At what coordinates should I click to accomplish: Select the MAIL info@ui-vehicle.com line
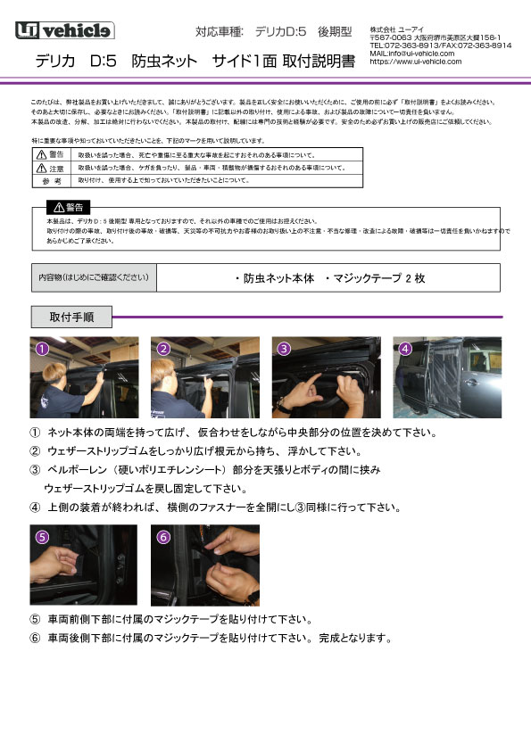coord(411,54)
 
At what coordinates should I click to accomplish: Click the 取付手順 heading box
coord(72,317)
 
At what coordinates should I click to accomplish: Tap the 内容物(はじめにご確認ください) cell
coord(94,278)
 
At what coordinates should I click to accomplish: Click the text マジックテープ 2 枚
coord(375,278)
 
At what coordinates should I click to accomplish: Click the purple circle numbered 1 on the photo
coord(41,349)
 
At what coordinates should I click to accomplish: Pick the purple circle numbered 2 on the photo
coord(163,349)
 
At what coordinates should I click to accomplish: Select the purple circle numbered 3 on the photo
coord(284,349)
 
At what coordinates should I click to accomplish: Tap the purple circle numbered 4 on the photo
coord(404,349)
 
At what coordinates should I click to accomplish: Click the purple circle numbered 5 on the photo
coord(42,537)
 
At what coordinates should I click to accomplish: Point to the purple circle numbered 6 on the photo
coord(163,537)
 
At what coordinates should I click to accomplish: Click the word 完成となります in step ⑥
coord(357,638)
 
